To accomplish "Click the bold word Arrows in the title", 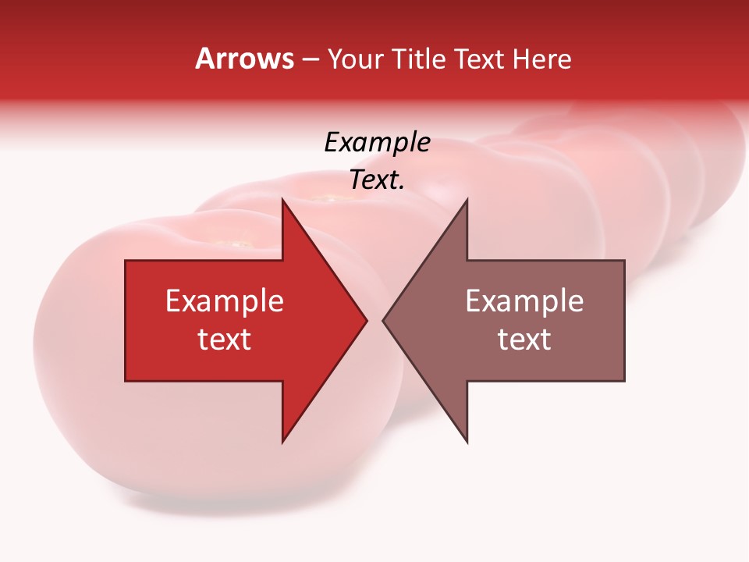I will tap(245, 59).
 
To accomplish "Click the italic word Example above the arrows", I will tap(378, 143).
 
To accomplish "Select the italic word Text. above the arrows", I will tap(378, 180).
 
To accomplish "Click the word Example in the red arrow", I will tap(225, 301).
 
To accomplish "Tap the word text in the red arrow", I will tap(225, 340).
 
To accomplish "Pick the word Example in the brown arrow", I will tap(524, 301).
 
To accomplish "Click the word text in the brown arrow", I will tap(524, 340).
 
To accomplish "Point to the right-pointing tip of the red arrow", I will tap(365, 320).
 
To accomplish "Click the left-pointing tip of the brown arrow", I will tap(385, 320).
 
